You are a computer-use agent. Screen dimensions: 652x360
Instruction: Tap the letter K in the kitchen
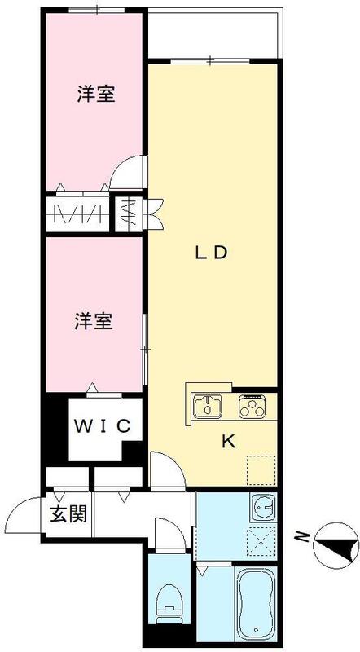[229, 442]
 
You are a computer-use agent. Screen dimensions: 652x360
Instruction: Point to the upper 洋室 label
[94, 95]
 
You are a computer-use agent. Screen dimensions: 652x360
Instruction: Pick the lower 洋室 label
[94, 320]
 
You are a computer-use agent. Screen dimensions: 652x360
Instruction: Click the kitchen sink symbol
[209, 404]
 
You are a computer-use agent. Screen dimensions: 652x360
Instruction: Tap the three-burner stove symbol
[252, 404]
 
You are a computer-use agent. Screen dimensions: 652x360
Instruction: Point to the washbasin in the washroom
[263, 509]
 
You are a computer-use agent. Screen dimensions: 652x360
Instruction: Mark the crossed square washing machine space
[263, 540]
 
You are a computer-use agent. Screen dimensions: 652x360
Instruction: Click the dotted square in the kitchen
[260, 468]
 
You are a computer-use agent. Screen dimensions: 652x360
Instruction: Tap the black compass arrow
[337, 543]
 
